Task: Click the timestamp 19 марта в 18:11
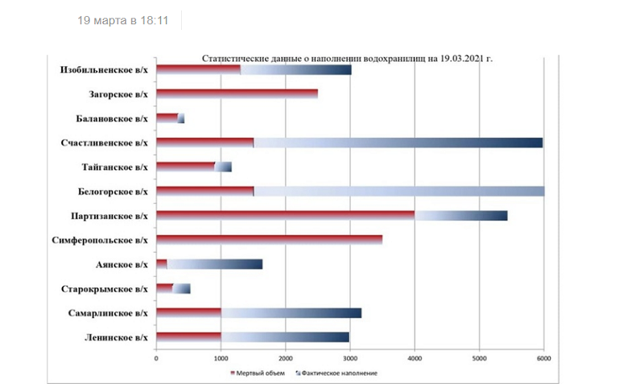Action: [x=122, y=20]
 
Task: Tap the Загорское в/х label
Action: [x=118, y=94]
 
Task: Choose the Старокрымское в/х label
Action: [x=104, y=288]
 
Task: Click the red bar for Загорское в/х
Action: [x=237, y=94]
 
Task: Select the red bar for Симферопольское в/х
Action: [x=269, y=240]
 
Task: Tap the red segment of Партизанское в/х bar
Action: [x=285, y=216]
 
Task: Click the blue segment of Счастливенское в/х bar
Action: [x=398, y=142]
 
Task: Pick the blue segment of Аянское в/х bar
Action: [x=215, y=264]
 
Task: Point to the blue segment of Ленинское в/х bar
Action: [x=285, y=337]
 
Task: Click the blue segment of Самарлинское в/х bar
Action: [x=291, y=312]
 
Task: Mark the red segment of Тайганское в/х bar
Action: [x=185, y=167]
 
